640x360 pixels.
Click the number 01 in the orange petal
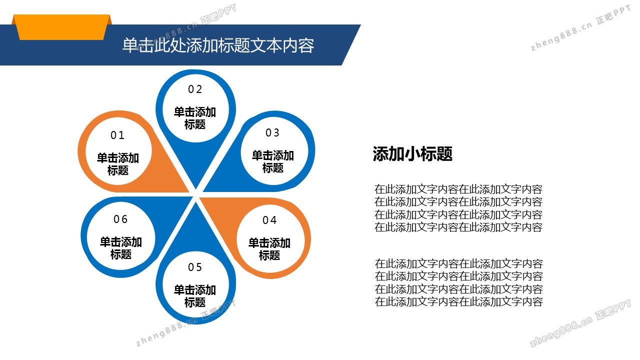tap(117, 135)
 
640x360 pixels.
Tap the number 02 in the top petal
tap(195, 89)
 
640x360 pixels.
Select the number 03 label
tap(272, 133)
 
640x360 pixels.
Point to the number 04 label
tap(269, 220)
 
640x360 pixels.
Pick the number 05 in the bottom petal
tap(195, 267)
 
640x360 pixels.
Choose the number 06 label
tap(120, 219)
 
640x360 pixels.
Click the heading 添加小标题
tap(412, 154)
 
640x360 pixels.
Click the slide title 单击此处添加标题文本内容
tap(218, 45)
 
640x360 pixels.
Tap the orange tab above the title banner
tap(62, 27)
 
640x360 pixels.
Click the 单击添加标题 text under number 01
tap(118, 164)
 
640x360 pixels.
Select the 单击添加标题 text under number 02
tap(195, 118)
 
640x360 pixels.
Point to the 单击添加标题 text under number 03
tap(273, 161)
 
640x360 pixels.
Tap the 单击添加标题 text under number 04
tap(269, 249)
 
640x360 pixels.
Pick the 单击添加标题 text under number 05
tap(195, 296)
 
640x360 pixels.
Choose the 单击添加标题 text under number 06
tap(121, 248)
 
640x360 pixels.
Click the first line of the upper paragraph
tap(458, 189)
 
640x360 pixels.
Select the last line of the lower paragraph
tap(458, 301)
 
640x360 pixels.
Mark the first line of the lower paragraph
tap(458, 263)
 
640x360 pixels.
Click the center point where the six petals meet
tap(195, 194)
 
